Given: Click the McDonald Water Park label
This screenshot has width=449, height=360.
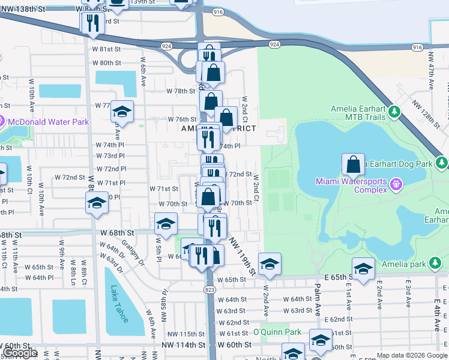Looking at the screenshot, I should [48, 122].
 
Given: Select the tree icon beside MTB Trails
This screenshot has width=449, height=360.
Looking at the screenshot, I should [395, 111].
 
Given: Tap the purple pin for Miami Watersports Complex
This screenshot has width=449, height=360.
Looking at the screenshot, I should [396, 184].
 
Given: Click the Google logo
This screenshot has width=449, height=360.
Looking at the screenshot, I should [19, 353].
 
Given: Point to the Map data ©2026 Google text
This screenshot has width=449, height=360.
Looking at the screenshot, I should [412, 355].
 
